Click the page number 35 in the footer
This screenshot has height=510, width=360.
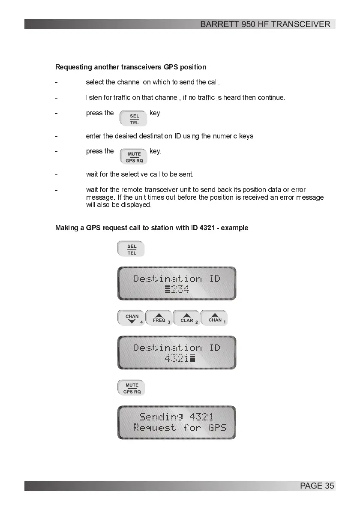pyautogui.click(x=329, y=486)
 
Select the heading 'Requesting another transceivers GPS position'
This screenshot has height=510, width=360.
pyautogui.click(x=131, y=67)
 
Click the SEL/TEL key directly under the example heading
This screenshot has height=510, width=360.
pyautogui.click(x=131, y=249)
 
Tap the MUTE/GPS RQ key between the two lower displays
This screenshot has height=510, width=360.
pyautogui.click(x=132, y=388)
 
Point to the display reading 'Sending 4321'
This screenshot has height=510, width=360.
pyautogui.click(x=177, y=422)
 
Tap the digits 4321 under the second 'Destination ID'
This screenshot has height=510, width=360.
pyautogui.click(x=176, y=359)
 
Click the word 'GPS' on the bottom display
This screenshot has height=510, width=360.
pyautogui.click(x=217, y=428)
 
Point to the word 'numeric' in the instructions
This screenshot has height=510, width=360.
pyautogui.click(x=226, y=136)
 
